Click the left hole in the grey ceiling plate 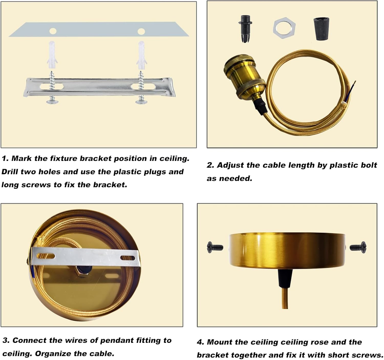[x=53, y=31]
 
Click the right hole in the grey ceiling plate [x=141, y=31]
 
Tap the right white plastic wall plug [x=142, y=55]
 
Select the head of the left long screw [x=52, y=101]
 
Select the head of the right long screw [x=141, y=101]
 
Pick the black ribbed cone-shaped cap [x=321, y=29]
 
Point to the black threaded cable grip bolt [x=245, y=29]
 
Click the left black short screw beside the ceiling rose [x=215, y=247]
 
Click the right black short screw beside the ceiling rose [x=358, y=247]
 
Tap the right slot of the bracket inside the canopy [x=127, y=258]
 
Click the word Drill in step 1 [x=10, y=172]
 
